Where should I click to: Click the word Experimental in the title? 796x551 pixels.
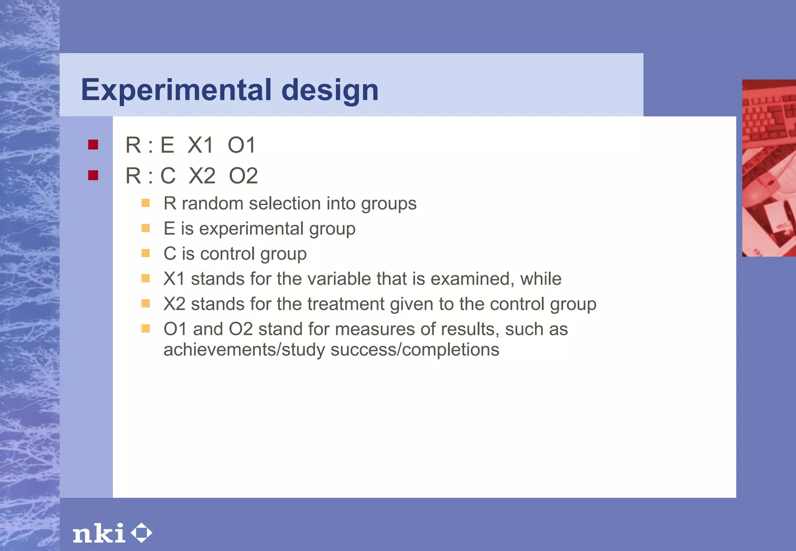point(176,90)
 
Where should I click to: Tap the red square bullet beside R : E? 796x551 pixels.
point(93,145)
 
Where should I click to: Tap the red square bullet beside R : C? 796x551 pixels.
point(93,175)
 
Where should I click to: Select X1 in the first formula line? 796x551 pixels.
point(201,145)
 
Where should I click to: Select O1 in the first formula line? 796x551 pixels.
point(241,145)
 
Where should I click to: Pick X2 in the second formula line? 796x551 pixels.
point(202,176)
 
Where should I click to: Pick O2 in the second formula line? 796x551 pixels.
point(243,176)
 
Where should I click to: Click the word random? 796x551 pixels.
point(212,204)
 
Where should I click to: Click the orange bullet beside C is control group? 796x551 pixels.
point(145,253)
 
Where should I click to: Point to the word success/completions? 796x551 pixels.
point(415,350)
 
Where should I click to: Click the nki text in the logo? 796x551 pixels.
point(99,533)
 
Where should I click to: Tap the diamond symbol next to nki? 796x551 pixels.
point(141,533)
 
